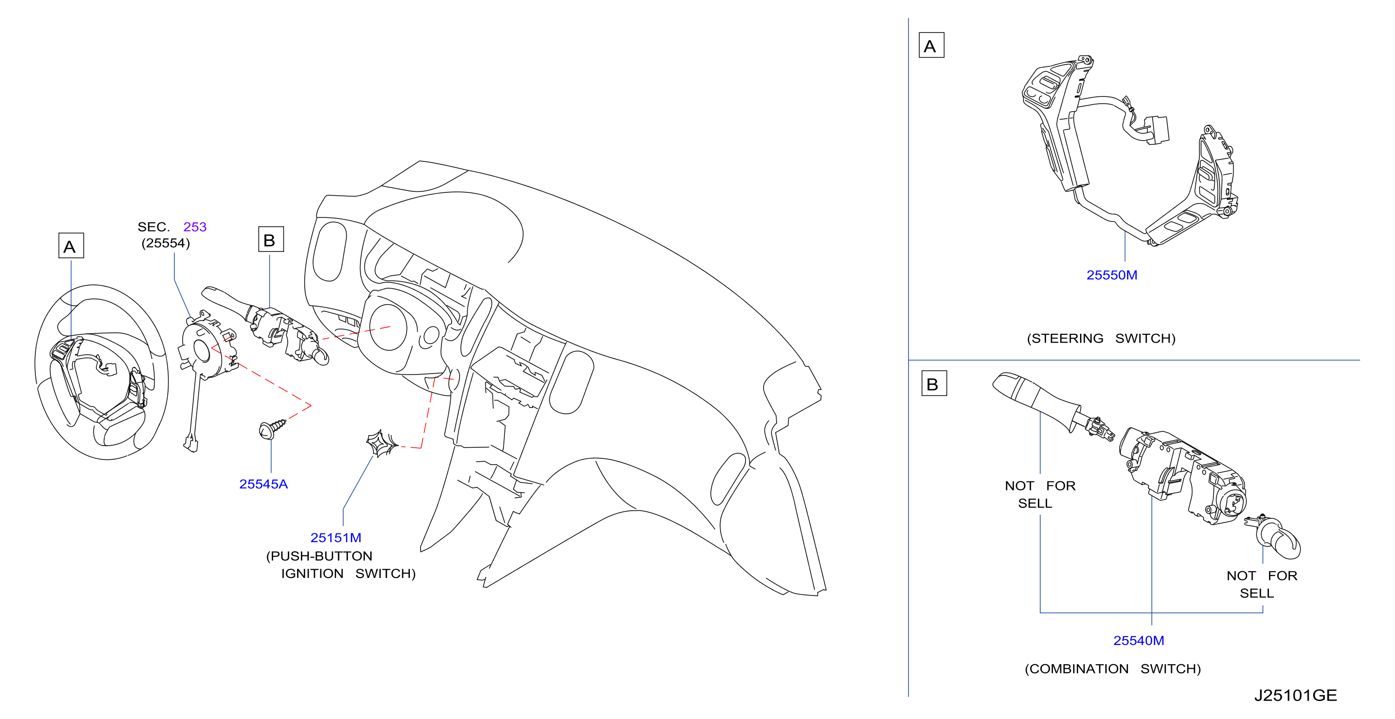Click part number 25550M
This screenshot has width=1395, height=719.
(1111, 275)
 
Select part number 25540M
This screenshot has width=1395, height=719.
(1138, 641)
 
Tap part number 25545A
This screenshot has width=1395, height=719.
(263, 484)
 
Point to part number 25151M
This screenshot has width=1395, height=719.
(336, 538)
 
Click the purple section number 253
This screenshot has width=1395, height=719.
(195, 227)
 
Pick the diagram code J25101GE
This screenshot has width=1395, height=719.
(1295, 695)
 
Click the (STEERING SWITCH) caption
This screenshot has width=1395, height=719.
(1101, 338)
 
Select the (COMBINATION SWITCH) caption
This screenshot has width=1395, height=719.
(1113, 669)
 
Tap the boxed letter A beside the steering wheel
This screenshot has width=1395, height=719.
(71, 246)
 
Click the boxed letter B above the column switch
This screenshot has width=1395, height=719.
(271, 239)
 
